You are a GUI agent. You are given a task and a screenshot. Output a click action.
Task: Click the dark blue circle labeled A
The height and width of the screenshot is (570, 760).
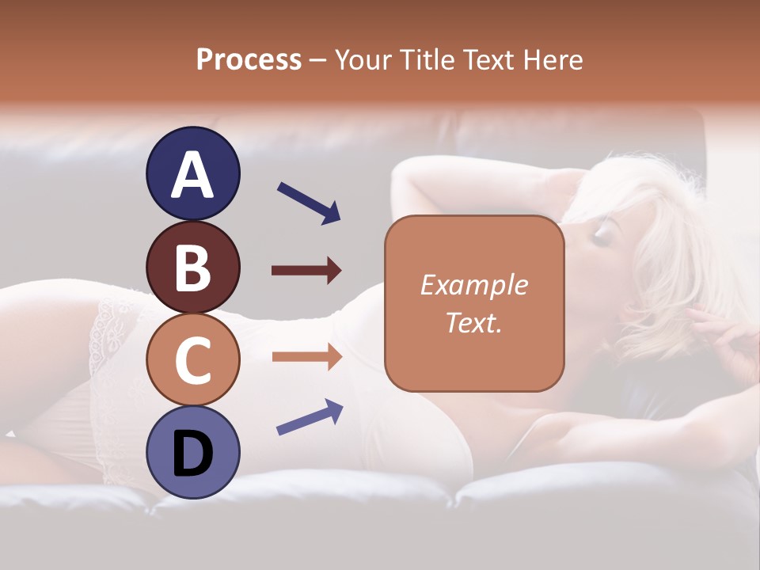192,173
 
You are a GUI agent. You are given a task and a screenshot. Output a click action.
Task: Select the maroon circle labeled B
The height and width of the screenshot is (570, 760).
192,267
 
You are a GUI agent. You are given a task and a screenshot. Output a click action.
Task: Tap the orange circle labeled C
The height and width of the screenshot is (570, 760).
192,360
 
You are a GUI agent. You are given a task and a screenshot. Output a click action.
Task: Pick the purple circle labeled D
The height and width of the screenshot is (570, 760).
192,453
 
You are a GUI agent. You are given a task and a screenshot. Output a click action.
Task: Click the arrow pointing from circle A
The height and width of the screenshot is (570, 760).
309,202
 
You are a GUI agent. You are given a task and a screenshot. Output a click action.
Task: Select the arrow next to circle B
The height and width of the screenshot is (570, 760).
306,271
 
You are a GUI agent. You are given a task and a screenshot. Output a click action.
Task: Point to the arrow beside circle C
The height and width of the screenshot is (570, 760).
306,356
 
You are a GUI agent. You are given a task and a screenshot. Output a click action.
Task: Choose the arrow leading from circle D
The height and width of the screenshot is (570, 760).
310,417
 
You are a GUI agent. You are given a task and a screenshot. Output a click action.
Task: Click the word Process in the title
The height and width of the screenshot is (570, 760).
249,59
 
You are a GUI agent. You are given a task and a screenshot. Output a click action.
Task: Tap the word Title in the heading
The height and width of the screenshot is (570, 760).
426,59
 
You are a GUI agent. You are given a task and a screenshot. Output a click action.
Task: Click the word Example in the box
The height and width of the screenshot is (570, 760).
473,285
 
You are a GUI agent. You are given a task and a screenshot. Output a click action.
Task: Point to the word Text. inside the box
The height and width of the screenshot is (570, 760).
473,322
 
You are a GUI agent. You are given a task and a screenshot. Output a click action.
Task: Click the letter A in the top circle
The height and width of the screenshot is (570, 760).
192,175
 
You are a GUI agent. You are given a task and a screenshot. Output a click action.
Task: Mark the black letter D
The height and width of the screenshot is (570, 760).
192,454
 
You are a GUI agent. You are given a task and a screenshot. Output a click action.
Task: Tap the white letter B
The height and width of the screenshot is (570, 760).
192,268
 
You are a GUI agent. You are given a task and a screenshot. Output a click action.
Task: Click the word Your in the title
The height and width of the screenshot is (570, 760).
362,59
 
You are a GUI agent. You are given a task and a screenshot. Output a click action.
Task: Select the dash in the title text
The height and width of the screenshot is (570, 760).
318,60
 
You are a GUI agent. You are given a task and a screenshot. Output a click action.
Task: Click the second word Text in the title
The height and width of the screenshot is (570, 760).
490,59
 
